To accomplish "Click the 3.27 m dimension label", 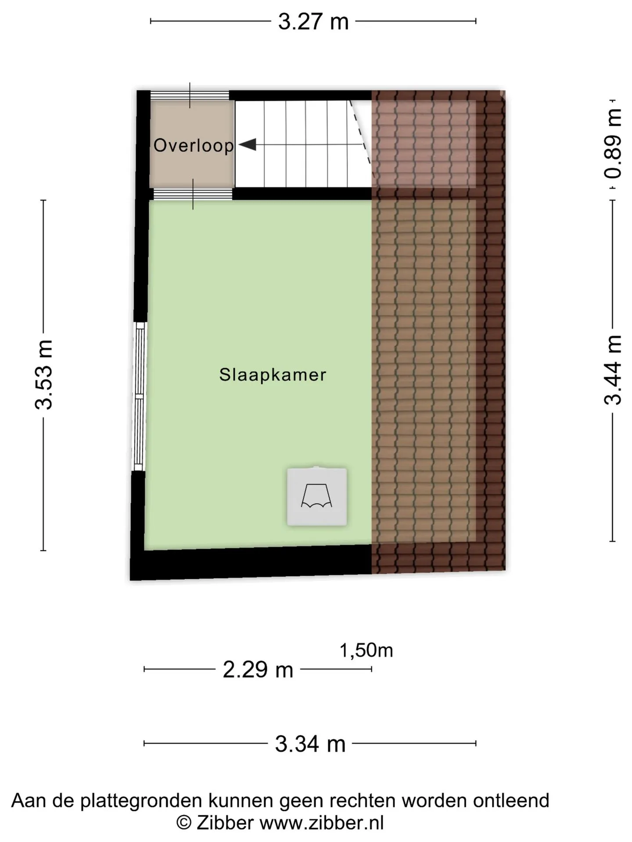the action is click(313, 21).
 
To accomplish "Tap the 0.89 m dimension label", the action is click(613, 144).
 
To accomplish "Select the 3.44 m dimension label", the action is click(613, 369).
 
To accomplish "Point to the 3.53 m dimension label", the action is click(44, 375).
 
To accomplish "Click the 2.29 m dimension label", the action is click(258, 670).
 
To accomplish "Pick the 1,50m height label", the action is click(366, 650).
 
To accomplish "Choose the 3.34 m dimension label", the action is click(310, 744).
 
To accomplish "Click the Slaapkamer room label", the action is click(273, 375).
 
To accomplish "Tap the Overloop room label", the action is click(194, 146).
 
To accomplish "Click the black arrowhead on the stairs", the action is click(248, 144).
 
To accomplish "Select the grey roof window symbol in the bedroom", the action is click(317, 496).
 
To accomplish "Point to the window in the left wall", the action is click(139, 396).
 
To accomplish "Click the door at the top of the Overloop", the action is click(190, 96).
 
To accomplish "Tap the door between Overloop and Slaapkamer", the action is click(193, 194).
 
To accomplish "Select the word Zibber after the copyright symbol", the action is click(225, 822).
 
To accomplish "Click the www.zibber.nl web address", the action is click(322, 822).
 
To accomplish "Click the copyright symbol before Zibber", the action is click(183, 823).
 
